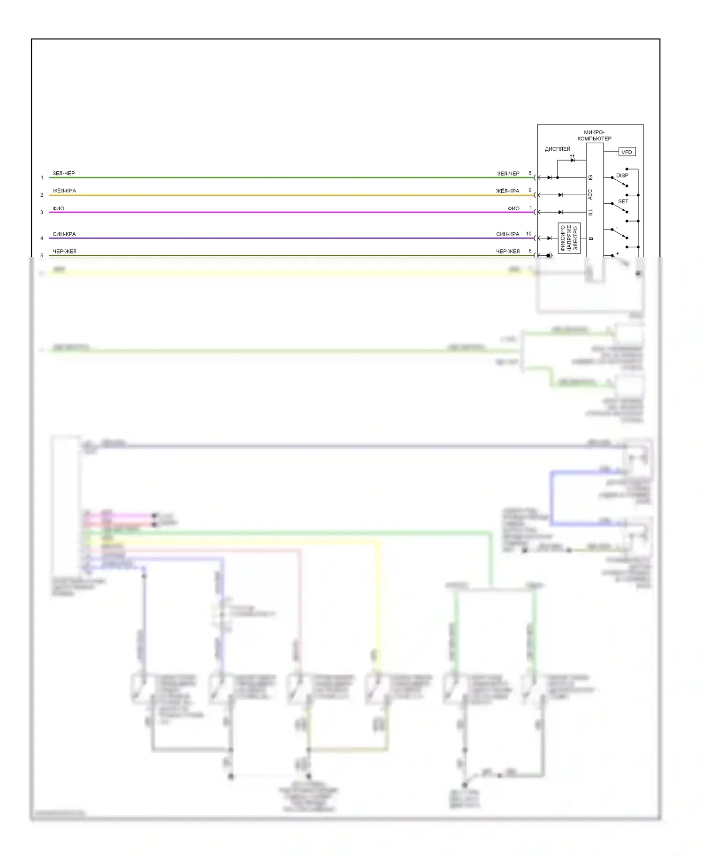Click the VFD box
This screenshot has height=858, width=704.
pyautogui.click(x=627, y=152)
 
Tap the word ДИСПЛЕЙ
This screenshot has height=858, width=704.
pyautogui.click(x=558, y=149)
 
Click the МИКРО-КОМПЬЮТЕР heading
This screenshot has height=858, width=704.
pyautogui.click(x=594, y=136)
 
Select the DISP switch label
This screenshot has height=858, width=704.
pyautogui.click(x=622, y=176)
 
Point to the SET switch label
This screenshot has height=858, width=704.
pyautogui.click(x=623, y=201)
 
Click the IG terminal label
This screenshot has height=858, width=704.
pyautogui.click(x=590, y=177)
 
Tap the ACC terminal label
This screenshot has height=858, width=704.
pyautogui.click(x=590, y=194)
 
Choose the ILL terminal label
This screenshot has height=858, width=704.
pyautogui.click(x=590, y=212)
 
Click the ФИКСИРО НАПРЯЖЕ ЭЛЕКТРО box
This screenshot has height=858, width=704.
pyautogui.click(x=569, y=238)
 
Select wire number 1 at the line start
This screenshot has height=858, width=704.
pyautogui.click(x=42, y=178)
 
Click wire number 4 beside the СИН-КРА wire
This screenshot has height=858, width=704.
pyautogui.click(x=42, y=238)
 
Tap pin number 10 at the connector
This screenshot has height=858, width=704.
pyautogui.click(x=529, y=234)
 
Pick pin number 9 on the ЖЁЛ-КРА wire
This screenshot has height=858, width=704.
pyautogui.click(x=530, y=191)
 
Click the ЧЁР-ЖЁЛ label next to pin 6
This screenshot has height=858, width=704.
pyautogui.click(x=508, y=252)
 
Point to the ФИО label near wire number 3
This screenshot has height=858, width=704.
pyautogui.click(x=59, y=208)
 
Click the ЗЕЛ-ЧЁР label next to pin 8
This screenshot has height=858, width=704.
pyautogui.click(x=508, y=174)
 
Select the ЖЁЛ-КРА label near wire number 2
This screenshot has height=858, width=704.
pyautogui.click(x=64, y=191)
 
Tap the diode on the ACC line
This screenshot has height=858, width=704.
pyautogui.click(x=560, y=195)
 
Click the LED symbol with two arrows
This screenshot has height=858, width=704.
pyautogui.click(x=572, y=160)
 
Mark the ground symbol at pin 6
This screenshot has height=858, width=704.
pyautogui.click(x=550, y=255)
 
